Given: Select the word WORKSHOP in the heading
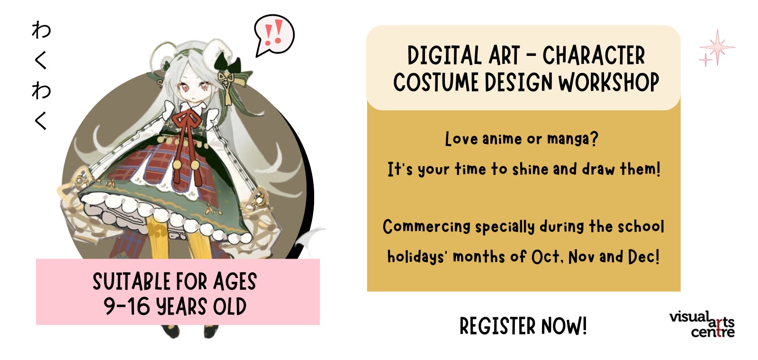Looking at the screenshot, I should point(609,82).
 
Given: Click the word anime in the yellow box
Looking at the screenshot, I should point(502,139).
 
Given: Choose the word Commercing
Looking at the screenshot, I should point(426,226).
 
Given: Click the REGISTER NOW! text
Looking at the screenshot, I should point(523,326).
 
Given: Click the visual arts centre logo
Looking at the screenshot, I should point(702,324).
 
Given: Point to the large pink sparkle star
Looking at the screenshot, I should point(717,47).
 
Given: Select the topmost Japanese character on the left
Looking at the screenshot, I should point(42,30).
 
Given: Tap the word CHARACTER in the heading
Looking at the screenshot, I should point(593,55).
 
